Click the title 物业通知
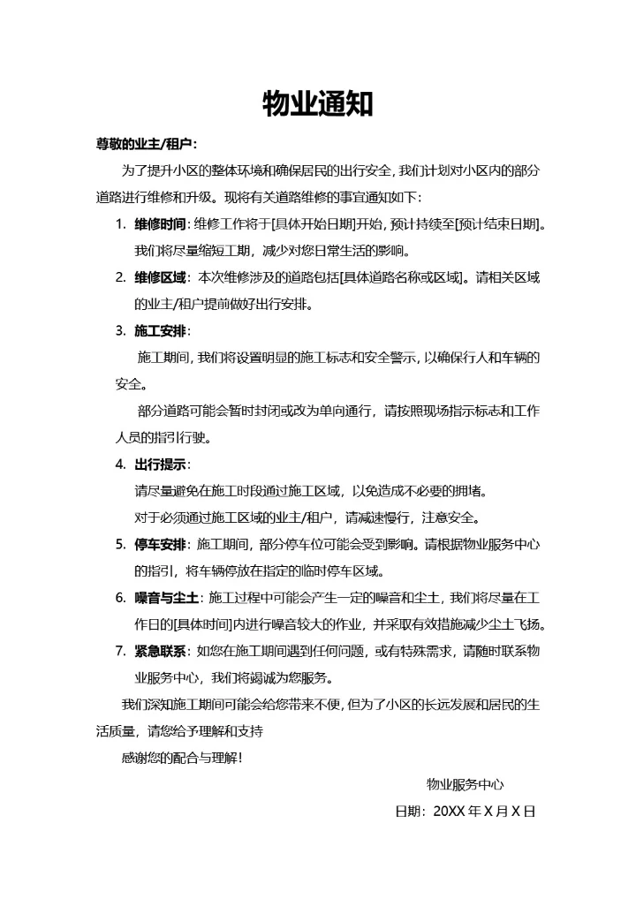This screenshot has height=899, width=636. coord(318,104)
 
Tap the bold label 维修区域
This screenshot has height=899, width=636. coord(161,277)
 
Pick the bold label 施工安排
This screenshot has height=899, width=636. coord(161,331)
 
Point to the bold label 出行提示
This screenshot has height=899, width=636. coord(161,465)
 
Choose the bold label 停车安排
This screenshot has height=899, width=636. coord(161,544)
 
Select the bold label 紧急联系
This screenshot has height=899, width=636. coord(161,652)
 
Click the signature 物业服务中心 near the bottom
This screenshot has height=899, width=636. coord(466,784)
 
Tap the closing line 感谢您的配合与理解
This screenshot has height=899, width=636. coord(180,758)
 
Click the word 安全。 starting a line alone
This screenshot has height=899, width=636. coord(132,384)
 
